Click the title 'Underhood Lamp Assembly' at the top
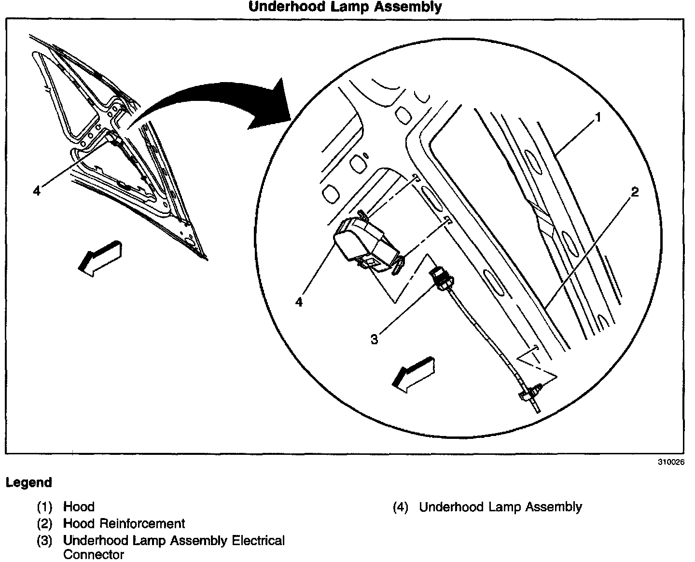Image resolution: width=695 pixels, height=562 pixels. point(345,7)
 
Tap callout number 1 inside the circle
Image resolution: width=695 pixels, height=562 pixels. point(598,117)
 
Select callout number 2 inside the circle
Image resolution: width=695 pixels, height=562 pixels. point(635,192)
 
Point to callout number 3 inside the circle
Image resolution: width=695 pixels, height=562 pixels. point(375,339)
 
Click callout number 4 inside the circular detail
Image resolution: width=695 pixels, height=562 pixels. point(299,302)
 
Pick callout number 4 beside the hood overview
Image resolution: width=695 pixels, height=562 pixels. point(37,191)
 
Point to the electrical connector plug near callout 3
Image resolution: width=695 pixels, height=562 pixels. point(442,280)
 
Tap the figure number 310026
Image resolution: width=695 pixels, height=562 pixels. point(671,462)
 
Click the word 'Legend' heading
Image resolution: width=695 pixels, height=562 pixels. point(29,482)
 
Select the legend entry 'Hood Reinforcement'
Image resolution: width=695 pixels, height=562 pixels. point(124,523)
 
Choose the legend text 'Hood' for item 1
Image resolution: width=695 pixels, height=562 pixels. point(79,507)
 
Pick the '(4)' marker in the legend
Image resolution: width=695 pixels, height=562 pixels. point(401,507)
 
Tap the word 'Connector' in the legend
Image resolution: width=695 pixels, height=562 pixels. point(94,554)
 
